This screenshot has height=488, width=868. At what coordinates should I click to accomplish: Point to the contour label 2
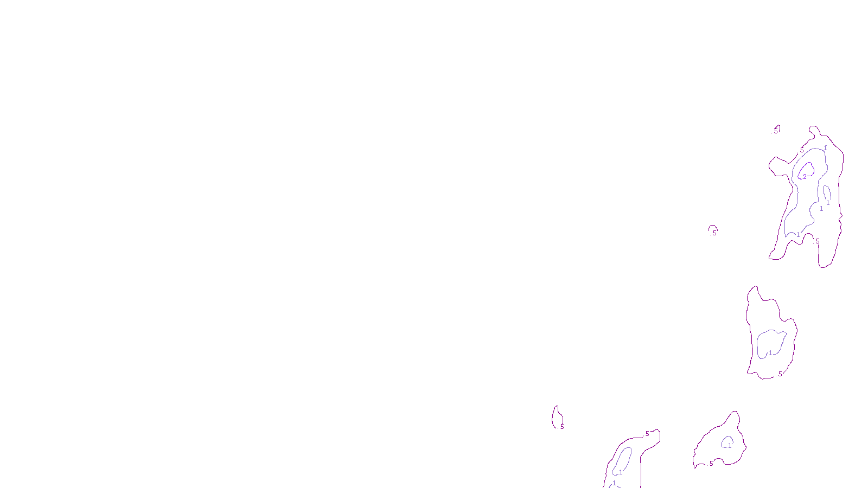805,176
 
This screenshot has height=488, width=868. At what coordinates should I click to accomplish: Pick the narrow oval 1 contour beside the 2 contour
826,194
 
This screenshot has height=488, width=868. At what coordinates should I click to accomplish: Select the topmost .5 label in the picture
776,131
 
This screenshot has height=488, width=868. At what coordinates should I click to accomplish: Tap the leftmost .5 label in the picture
561,427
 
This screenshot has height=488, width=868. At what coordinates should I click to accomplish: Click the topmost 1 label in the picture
825,148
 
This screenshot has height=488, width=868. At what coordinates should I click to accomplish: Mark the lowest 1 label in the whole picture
614,483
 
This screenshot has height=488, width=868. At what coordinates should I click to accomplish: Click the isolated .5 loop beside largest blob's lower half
713,230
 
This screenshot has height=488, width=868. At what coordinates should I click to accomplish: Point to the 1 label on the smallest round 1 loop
730,446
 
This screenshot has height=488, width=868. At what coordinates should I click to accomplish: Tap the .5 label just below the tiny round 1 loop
711,464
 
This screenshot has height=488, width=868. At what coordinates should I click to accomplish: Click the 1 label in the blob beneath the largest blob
770,354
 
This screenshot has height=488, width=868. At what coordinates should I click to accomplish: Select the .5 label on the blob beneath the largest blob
780,374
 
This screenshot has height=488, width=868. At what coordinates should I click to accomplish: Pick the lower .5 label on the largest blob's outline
817,241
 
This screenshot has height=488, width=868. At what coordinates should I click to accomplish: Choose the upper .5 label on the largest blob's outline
801,150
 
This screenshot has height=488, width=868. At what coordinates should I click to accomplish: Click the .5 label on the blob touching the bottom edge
647,434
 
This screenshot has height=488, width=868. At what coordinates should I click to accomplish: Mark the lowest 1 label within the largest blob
797,235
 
